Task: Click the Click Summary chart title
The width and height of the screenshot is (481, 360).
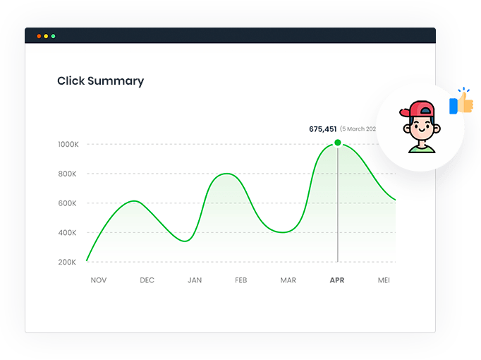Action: pos(100,81)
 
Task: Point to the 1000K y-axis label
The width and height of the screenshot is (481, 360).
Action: pos(68,145)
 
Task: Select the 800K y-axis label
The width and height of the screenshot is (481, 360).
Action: pos(68,174)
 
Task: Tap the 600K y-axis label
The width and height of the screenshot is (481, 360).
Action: pos(68,203)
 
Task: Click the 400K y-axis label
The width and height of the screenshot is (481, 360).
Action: pos(68,233)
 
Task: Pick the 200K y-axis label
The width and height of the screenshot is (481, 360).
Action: pos(68,263)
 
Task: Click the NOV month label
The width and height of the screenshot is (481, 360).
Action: pos(99,280)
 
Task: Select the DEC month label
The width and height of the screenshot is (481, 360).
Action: pos(147,280)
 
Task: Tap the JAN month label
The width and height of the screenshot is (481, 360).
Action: pos(195,280)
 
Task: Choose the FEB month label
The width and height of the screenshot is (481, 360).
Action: pos(240,280)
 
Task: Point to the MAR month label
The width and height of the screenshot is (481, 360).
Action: pos(288,280)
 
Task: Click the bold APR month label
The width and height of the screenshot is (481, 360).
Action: pos(337,280)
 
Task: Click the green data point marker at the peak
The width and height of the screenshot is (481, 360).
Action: pos(338,143)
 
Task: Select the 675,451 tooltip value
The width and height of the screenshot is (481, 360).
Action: pos(323,129)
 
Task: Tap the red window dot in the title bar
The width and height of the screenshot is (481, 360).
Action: pos(39,36)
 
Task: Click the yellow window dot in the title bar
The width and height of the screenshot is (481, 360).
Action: pos(46,36)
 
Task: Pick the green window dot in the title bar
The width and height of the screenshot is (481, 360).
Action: pos(53,36)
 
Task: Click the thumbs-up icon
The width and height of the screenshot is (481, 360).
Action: pos(463,104)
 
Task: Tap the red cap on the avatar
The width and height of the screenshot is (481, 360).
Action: pos(417,110)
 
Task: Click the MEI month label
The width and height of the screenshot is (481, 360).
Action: pos(384,280)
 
